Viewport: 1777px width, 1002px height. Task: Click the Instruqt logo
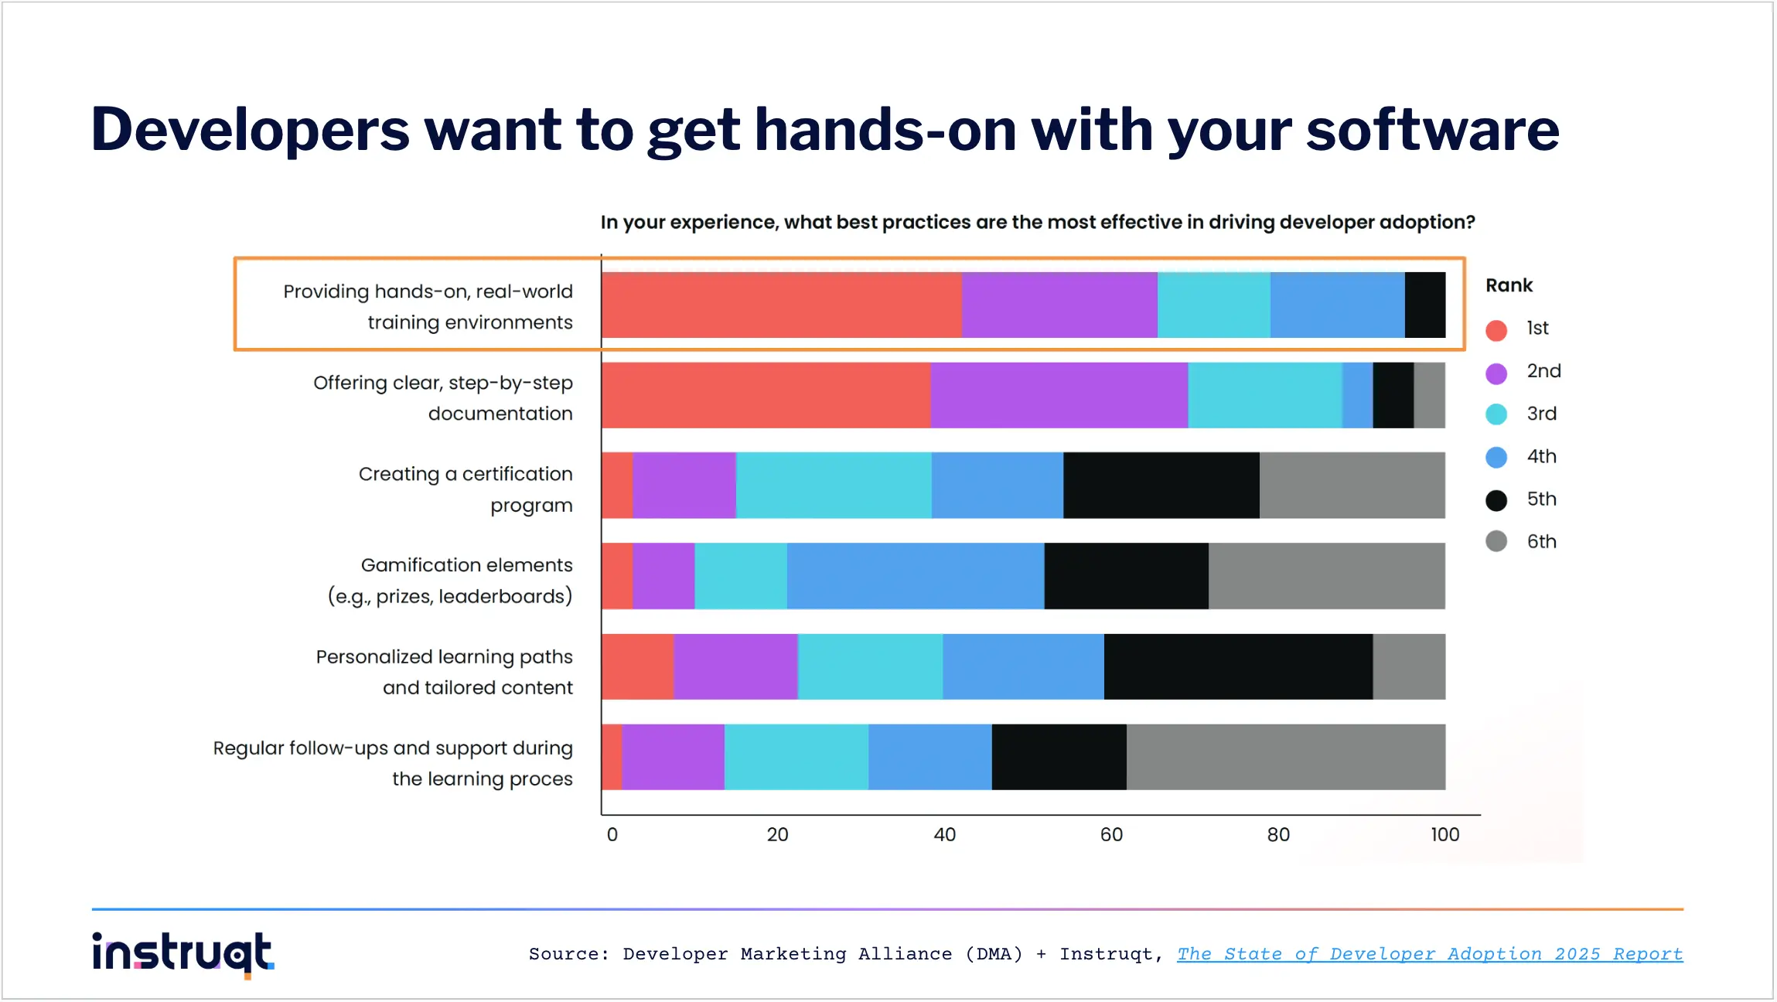pyautogui.click(x=182, y=953)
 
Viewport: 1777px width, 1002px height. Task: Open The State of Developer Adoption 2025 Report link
pyautogui.click(x=1429, y=954)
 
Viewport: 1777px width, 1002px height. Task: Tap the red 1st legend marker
pyautogui.click(x=1496, y=330)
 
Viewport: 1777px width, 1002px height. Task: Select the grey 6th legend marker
pyautogui.click(x=1496, y=541)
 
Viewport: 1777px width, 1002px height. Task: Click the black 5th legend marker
pyautogui.click(x=1496, y=500)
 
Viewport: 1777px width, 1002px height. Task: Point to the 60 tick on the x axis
pyautogui.click(x=1111, y=835)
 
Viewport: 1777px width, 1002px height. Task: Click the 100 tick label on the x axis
pyautogui.click(x=1444, y=835)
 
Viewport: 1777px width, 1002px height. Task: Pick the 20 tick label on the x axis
pyautogui.click(x=777, y=835)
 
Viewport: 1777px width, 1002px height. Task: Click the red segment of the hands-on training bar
pyautogui.click(x=781, y=305)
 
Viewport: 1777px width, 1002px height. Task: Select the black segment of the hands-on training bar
pyautogui.click(x=1424, y=305)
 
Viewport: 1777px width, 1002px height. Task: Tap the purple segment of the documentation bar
pyautogui.click(x=1059, y=395)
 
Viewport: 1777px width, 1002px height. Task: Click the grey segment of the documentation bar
pyautogui.click(x=1429, y=395)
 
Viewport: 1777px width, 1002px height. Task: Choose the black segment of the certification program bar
pyautogui.click(x=1161, y=486)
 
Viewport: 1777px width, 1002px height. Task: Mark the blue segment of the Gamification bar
pyautogui.click(x=915, y=576)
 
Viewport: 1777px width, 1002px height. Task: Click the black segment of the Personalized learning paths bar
pyautogui.click(x=1238, y=666)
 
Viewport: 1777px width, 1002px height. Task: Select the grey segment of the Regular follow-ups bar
pyautogui.click(x=1285, y=757)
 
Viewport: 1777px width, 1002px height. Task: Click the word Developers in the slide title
pyautogui.click(x=250, y=130)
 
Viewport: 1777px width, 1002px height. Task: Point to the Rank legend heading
pyautogui.click(x=1509, y=285)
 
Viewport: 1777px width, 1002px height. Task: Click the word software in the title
pyautogui.click(x=1432, y=130)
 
